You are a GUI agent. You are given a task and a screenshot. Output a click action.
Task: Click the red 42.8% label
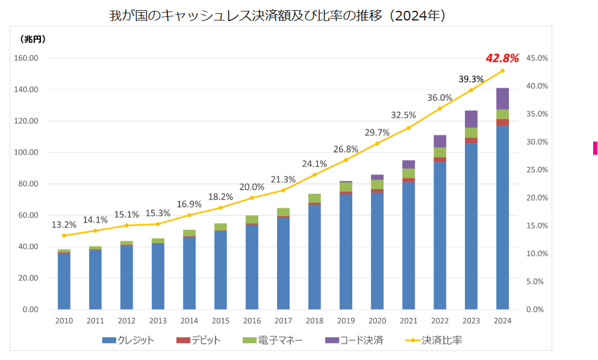502,58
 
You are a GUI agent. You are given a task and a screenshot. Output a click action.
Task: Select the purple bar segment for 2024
502,99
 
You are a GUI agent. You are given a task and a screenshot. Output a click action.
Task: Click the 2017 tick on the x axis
283,321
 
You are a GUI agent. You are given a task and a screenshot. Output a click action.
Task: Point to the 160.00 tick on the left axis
26,58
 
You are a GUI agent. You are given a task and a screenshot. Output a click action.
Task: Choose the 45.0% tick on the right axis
537,58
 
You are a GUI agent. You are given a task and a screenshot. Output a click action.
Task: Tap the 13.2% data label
64,225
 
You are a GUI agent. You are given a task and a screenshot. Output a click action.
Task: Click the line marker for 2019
346,160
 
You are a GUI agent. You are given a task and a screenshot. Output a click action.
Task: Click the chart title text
277,16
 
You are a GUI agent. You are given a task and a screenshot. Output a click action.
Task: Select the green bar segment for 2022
440,152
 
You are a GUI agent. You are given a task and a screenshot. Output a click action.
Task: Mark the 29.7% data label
377,132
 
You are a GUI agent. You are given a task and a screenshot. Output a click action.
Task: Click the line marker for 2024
502,70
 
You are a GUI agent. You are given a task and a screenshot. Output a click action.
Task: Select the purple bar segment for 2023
471,119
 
